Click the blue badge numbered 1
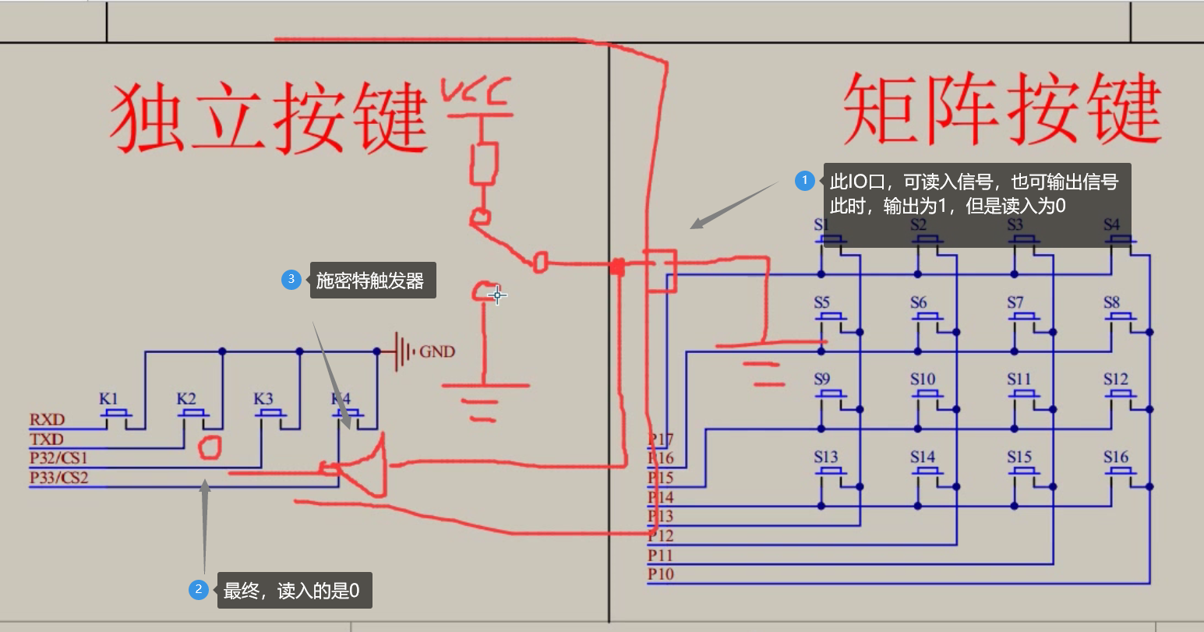[x=805, y=181]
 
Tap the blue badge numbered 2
[x=199, y=590]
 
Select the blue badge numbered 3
[x=291, y=279]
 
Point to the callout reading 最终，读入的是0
[x=291, y=591]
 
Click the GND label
[x=436, y=352]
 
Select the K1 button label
[x=108, y=398]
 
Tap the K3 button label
[x=263, y=398]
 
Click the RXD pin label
[x=47, y=420]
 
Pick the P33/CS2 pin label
[x=59, y=478]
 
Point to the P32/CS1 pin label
[x=59, y=458]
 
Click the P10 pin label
[x=660, y=574]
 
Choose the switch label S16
[x=1115, y=457]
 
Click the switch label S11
[x=1019, y=380]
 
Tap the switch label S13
[x=825, y=457]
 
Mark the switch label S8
[x=1111, y=302]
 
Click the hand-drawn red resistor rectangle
[x=484, y=163]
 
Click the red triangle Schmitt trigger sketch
[x=366, y=468]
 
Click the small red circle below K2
[x=210, y=447]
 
